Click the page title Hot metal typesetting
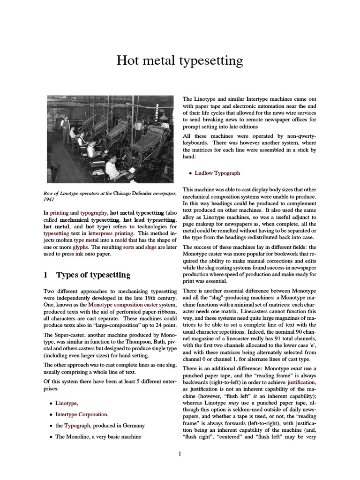(x=180, y=60)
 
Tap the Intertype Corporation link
(x=82, y=414)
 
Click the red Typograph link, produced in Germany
(x=74, y=425)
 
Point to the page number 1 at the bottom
(x=180, y=453)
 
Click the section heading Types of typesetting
(x=93, y=275)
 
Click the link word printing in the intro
(x=59, y=212)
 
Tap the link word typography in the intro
(x=93, y=212)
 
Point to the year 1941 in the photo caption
(x=50, y=199)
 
